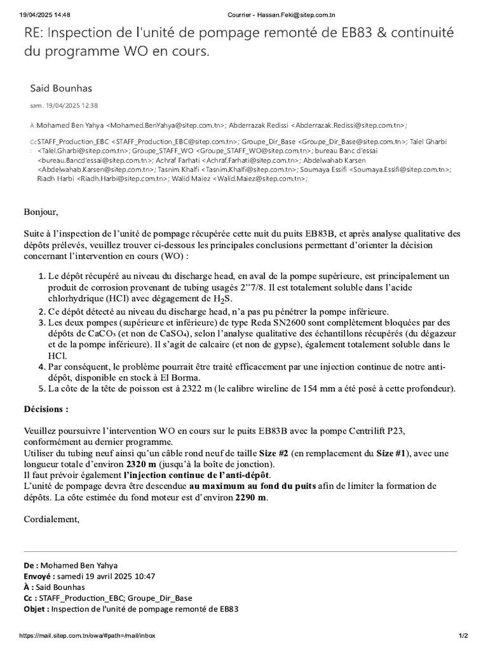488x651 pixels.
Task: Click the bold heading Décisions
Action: tap(46, 408)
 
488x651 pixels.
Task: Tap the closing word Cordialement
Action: tap(51, 519)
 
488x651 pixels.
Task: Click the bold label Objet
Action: tap(36, 608)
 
